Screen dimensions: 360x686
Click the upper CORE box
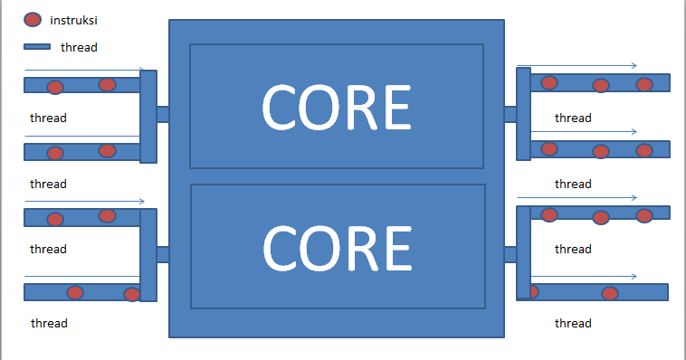337,106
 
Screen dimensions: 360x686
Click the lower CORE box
338,245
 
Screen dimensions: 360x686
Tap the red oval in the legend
33,20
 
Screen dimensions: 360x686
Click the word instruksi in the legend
76,20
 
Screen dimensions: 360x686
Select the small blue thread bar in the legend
37,47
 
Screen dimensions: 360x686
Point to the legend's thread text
79,47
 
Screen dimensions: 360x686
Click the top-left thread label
48,118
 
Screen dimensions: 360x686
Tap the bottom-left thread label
49,323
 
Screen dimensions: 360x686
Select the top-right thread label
573,118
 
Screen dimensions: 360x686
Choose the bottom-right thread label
573,323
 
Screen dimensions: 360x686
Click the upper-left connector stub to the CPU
163,114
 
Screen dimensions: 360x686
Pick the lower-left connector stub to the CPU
163,254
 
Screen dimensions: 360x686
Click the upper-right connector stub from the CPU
510,114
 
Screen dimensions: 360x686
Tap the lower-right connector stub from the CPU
510,254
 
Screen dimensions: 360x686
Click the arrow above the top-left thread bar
84,69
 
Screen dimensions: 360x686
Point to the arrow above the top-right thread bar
576,65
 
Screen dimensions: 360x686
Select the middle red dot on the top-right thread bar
600,86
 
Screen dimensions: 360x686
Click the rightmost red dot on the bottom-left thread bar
132,294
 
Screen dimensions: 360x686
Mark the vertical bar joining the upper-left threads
148,117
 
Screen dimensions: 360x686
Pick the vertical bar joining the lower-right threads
523,252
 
